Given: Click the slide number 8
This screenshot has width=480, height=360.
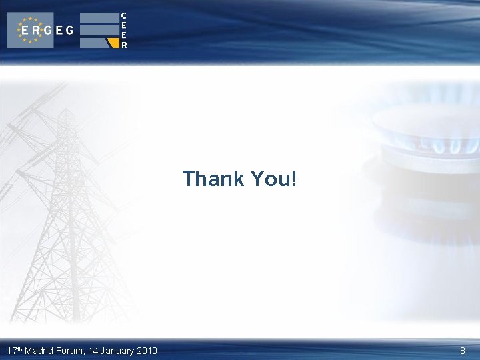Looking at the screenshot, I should click(x=463, y=351).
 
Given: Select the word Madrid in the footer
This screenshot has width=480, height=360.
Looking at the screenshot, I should click(x=39, y=351).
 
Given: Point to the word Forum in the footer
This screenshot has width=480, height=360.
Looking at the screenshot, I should click(x=70, y=351).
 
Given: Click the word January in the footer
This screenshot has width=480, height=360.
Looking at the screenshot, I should click(x=117, y=351).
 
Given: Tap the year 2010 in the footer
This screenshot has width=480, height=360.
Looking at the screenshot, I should click(x=147, y=351).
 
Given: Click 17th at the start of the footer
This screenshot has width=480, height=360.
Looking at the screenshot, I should click(x=14, y=351).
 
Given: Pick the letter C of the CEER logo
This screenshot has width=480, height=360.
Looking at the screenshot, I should click(x=124, y=15).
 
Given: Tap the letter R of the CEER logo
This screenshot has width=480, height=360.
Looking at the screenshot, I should click(x=124, y=45).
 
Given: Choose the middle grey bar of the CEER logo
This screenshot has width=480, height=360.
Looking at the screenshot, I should click(x=98, y=30).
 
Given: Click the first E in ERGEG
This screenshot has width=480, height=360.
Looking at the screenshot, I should click(x=25, y=31).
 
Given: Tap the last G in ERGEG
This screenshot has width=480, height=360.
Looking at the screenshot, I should click(x=69, y=31).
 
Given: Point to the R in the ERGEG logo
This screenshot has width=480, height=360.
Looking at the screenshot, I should click(x=35, y=31).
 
